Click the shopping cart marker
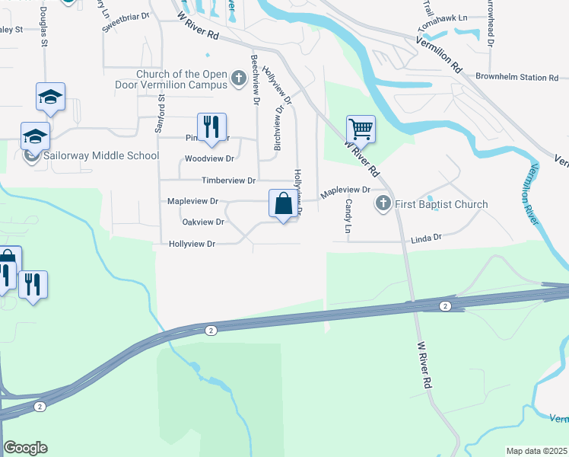360,129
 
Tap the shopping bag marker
283,204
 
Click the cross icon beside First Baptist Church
383,204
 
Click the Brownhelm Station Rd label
517,77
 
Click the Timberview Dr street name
228,181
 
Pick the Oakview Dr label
204,222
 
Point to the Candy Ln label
349,216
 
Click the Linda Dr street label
426,238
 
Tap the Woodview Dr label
209,159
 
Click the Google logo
26,448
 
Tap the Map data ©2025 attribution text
537,451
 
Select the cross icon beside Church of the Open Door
238,78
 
